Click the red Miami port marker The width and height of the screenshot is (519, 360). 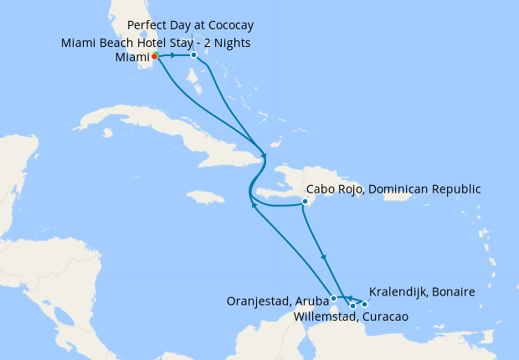tap(155, 56)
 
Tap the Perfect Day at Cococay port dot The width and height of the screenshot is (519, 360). tap(193, 55)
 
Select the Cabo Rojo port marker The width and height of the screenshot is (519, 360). tap(306, 202)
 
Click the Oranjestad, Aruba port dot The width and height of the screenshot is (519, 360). tap(333, 298)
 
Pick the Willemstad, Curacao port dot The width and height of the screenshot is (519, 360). tap(352, 306)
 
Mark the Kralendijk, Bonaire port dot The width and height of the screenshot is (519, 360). tap(364, 304)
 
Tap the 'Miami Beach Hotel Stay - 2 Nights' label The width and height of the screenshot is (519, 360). tap(156, 43)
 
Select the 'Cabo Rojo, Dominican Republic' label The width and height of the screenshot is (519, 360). tap(393, 189)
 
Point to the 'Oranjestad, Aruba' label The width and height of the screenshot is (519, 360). tap(277, 300)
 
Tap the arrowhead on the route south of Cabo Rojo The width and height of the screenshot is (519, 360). tap(323, 258)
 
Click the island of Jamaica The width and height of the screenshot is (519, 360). tap(206, 198)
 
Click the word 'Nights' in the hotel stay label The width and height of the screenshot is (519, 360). tap(230, 43)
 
